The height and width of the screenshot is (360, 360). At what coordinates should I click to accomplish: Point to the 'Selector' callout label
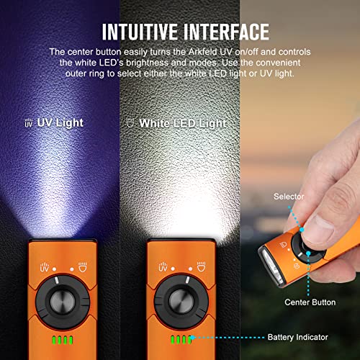click(x=288, y=196)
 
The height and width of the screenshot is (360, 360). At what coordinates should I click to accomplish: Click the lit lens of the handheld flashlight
click(x=266, y=257)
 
